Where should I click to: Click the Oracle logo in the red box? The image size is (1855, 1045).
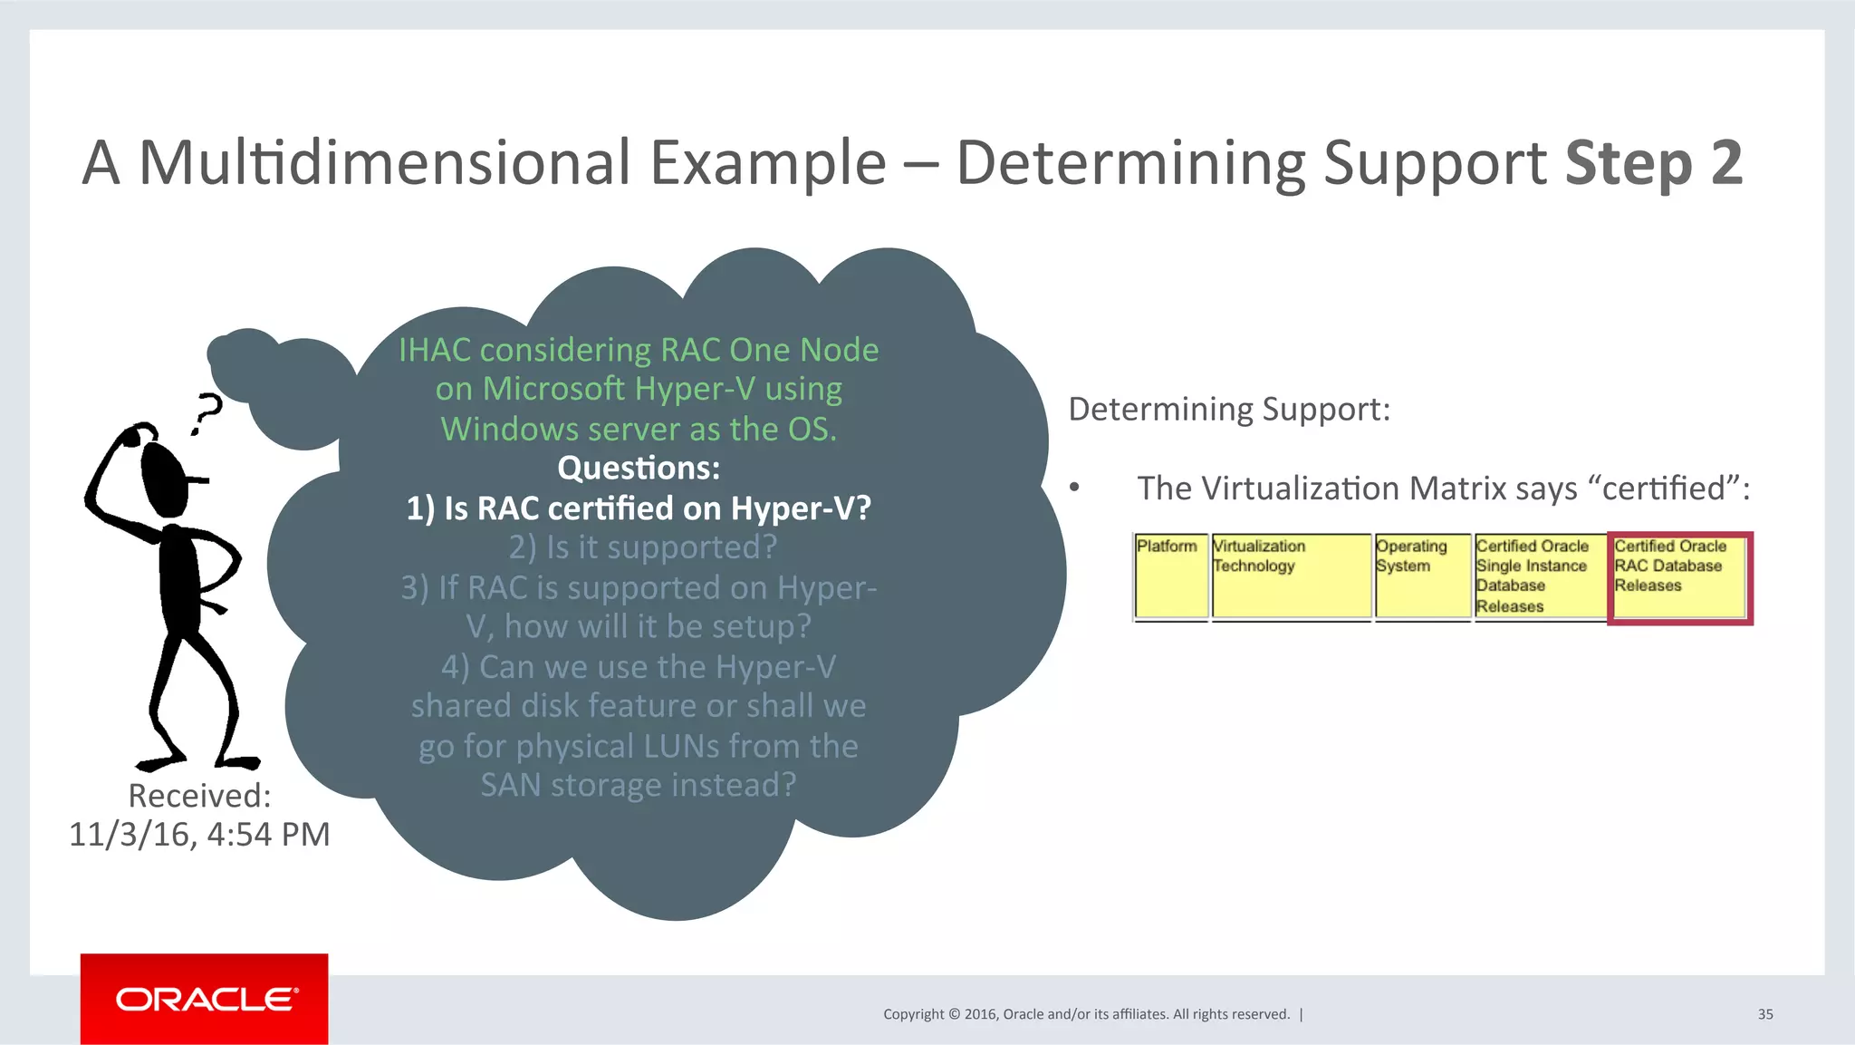pos(206,999)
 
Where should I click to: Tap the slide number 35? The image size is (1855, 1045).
pos(1764,1014)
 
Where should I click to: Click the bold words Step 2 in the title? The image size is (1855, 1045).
pos(1653,163)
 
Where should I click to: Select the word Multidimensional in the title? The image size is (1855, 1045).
pos(384,163)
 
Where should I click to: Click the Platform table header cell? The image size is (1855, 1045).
pos(1169,576)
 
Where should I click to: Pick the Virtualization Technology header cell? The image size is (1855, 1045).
pos(1290,576)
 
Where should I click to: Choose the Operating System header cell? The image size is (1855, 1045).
pos(1421,576)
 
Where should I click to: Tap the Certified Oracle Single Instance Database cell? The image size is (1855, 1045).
pos(1539,576)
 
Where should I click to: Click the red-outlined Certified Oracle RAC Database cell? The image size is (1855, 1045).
pos(1679,577)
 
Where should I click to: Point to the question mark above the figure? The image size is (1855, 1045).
pos(207,413)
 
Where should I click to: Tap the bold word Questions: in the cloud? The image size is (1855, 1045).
pos(639,469)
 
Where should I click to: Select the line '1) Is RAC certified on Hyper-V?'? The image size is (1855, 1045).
pos(639,508)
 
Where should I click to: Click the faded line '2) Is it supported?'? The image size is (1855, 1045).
pos(642,547)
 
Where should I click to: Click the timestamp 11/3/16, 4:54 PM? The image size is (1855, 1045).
pos(199,835)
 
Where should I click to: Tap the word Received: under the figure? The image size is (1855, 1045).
pos(199,796)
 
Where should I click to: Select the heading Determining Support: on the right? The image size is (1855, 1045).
pos(1228,410)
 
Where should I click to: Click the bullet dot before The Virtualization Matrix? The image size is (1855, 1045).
pos(1074,489)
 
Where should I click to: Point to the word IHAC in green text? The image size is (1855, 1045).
pos(435,350)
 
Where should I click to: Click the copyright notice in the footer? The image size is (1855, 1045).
pos(1086,1014)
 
